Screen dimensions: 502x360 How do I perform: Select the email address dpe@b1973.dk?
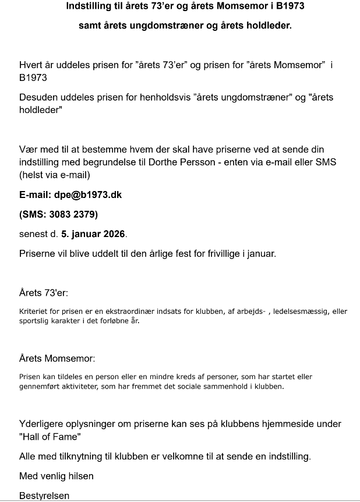click(x=87, y=195)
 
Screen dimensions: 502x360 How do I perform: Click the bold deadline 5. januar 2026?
click(x=93, y=234)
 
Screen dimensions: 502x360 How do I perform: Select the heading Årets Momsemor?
click(x=57, y=358)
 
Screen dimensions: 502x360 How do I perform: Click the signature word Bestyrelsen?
click(x=44, y=496)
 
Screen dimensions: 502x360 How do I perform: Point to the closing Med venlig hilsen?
click(x=57, y=476)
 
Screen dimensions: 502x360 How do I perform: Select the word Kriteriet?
click(x=34, y=312)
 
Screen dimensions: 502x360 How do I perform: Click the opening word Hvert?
click(x=31, y=65)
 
